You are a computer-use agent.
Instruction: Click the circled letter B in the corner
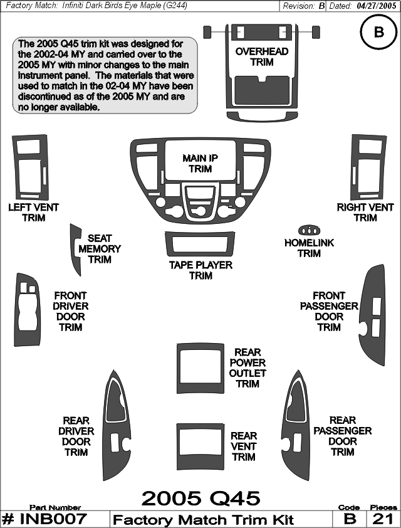tap(379, 32)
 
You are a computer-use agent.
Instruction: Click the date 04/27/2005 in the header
tap(376, 6)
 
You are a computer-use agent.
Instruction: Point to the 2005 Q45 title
tap(200, 498)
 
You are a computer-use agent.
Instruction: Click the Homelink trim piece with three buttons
tap(309, 230)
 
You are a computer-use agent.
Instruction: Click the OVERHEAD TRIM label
tap(262, 56)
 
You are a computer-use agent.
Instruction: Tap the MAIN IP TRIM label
tap(200, 163)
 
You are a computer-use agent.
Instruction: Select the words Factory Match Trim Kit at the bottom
tap(204, 520)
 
